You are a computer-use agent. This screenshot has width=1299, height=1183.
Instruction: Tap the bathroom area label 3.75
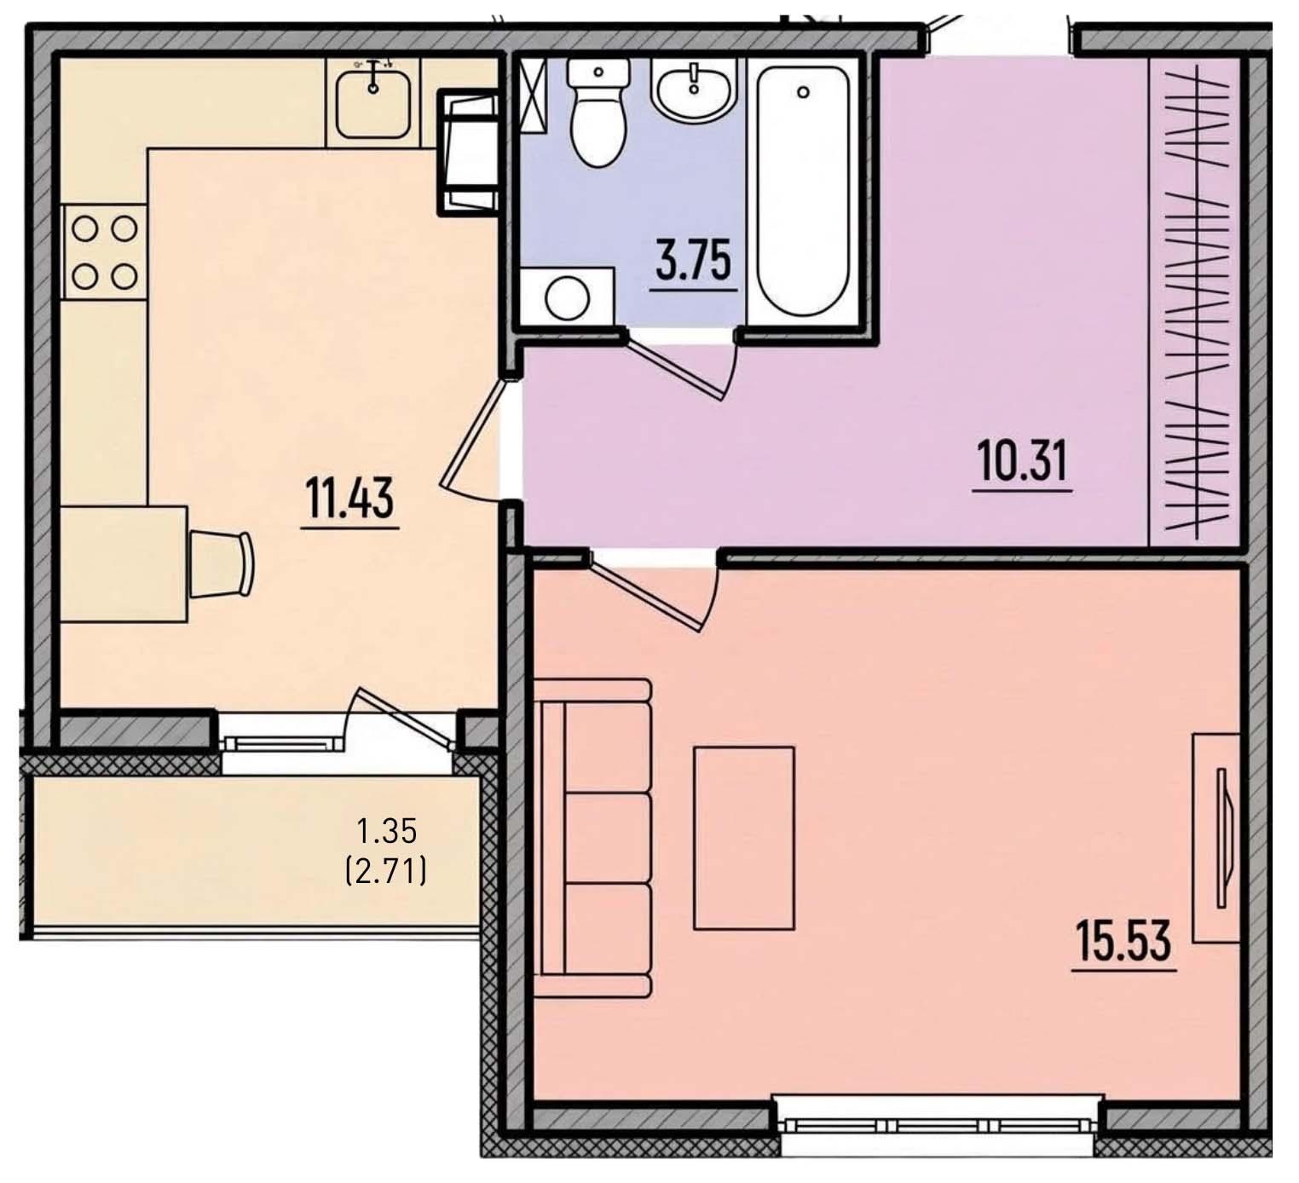click(693, 260)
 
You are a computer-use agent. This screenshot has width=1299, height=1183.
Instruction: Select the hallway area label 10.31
click(1023, 462)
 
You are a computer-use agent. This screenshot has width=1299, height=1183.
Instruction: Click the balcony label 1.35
click(387, 831)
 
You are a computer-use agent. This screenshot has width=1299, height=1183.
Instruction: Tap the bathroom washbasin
click(694, 90)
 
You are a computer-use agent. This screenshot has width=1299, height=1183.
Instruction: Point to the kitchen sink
click(373, 104)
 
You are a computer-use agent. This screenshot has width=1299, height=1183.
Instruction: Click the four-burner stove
click(104, 252)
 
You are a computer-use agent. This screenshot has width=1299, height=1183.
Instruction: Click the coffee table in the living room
click(743, 839)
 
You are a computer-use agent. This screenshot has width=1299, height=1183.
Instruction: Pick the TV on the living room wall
click(1222, 837)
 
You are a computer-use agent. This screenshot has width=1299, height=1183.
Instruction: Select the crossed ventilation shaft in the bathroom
click(534, 95)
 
